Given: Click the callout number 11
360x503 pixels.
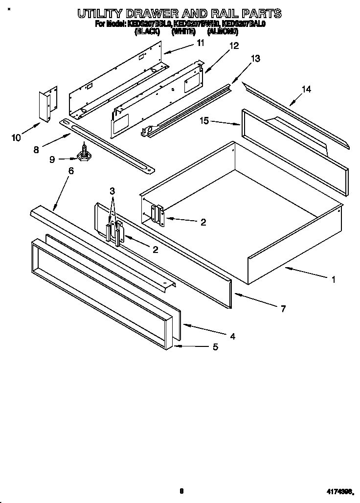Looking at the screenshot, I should [x=200, y=43].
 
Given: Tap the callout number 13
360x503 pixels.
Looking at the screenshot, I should [x=255, y=58].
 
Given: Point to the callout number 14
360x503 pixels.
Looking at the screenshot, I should [x=306, y=89].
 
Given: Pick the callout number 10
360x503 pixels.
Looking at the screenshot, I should [x=16, y=137].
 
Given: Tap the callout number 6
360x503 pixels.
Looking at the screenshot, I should [x=71, y=171].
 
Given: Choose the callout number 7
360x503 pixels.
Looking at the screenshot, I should [x=283, y=309].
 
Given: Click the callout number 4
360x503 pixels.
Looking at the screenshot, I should [x=233, y=336].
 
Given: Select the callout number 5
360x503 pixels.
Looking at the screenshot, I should [x=215, y=347].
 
